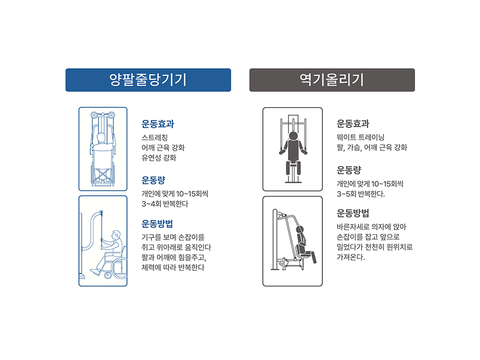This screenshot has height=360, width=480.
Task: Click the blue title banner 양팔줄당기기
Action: click(x=148, y=80)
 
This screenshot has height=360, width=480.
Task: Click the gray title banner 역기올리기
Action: click(x=332, y=80)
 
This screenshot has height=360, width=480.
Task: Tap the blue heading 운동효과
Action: click(x=157, y=124)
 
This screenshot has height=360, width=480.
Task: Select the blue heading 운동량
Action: click(x=154, y=180)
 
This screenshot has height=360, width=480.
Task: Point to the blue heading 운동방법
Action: click(x=157, y=224)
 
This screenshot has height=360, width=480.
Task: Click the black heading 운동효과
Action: click(x=353, y=124)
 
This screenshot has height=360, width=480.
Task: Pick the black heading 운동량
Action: click(x=349, y=170)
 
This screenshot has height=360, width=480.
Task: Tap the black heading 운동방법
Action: click(x=353, y=213)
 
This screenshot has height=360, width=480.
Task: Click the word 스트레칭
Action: click(x=155, y=138)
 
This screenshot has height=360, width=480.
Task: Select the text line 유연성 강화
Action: click(x=159, y=158)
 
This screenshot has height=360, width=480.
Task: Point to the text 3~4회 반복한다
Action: click(x=165, y=204)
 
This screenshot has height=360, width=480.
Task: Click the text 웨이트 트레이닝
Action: click(x=360, y=137)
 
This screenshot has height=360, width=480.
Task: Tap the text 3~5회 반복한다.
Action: click(x=360, y=194)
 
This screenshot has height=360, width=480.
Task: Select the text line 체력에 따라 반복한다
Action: click(x=173, y=267)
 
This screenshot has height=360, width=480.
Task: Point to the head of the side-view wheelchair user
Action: click(x=116, y=235)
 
